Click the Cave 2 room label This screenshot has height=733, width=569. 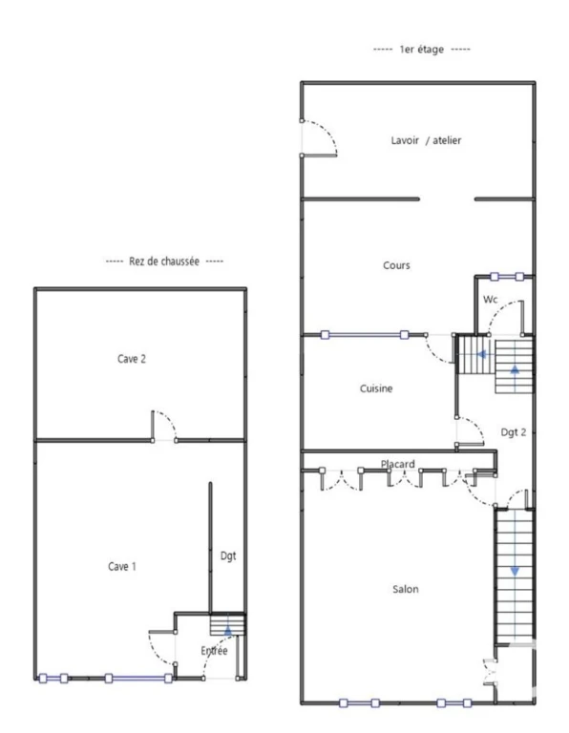(132, 359)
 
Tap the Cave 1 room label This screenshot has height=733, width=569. (122, 567)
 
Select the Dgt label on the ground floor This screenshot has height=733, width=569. (228, 555)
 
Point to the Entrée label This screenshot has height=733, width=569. (214, 650)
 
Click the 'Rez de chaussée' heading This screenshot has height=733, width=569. (164, 262)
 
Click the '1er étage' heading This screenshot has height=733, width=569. (421, 49)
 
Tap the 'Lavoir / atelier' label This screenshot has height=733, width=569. (426, 140)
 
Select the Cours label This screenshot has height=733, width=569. (396, 265)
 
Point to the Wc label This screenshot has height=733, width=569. (491, 299)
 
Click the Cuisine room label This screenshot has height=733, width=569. (376, 388)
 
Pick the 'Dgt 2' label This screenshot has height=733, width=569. (514, 432)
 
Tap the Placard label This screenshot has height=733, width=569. (397, 464)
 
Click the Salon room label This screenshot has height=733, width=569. (406, 589)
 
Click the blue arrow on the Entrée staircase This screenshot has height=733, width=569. (227, 631)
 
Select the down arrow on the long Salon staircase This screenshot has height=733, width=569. (515, 572)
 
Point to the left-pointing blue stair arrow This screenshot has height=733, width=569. (481, 354)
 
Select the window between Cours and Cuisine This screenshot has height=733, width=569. (365, 335)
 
